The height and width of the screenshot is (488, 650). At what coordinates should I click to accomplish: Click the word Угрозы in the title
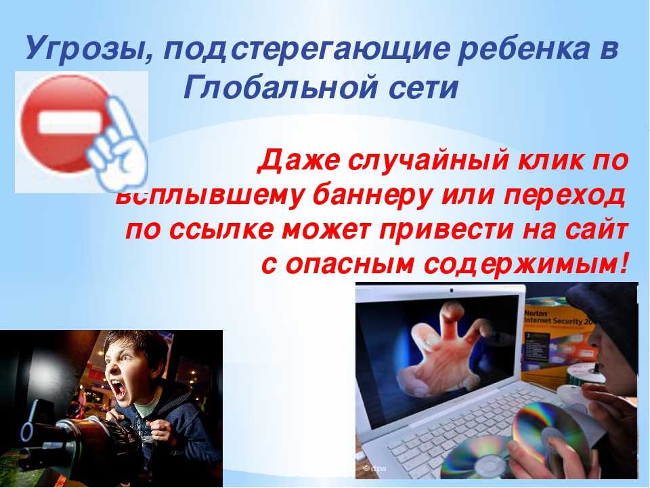pyautogui.click(x=90, y=49)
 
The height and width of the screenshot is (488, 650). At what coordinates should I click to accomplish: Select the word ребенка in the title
pyautogui.click(x=523, y=48)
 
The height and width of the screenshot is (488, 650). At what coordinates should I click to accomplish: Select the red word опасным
pyautogui.click(x=349, y=264)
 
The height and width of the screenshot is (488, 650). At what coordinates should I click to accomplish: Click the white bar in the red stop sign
pyautogui.click(x=70, y=123)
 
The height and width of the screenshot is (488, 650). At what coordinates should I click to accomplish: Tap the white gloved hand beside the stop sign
pyautogui.click(x=117, y=145)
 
